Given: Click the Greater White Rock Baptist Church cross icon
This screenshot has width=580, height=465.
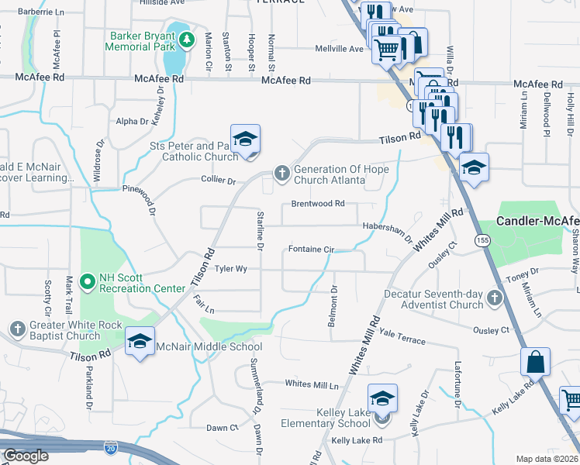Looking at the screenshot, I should tap(17, 329).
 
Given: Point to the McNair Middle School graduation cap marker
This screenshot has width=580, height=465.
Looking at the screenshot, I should tap(140, 341).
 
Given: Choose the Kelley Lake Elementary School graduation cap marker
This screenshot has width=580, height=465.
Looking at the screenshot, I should tap(381, 400).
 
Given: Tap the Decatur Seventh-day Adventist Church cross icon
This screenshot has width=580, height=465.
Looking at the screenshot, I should tap(494, 298).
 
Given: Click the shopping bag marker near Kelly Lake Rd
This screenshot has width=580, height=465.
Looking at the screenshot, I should tap(535, 361).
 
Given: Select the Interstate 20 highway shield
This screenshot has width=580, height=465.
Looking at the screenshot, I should tap(111, 447).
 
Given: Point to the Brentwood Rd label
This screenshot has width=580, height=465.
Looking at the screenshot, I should tap(318, 203).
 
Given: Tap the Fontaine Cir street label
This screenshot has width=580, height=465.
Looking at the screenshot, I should tap(311, 250).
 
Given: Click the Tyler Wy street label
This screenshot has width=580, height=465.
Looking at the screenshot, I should tap(231, 269).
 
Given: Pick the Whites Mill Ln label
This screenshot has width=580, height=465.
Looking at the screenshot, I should tap(312, 384).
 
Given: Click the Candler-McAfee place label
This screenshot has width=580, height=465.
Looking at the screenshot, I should tap(537, 221).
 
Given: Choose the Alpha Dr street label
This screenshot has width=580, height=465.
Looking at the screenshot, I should tap(132, 122).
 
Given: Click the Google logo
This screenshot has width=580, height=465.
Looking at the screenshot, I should tap(26, 456).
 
